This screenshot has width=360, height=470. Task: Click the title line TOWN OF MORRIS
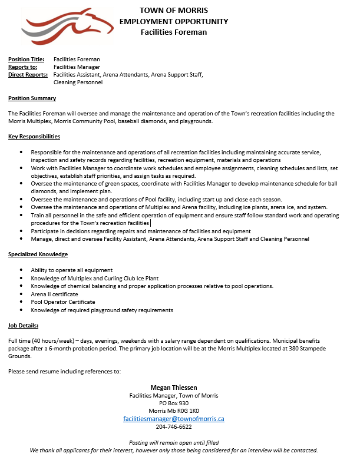(173, 10)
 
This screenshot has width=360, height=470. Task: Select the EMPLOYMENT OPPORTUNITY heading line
(173, 21)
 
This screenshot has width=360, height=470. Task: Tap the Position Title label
(26, 59)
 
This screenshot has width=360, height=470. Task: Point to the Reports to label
(23, 67)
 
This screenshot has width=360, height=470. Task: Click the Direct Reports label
(28, 75)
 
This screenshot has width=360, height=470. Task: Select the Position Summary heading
(32, 98)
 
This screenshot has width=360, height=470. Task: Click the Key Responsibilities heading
(34, 137)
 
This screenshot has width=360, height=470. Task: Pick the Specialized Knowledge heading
(38, 254)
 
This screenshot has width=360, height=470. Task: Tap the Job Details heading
(23, 325)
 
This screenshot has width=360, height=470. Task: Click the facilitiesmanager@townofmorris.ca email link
(173, 419)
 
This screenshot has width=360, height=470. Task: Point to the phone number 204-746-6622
(173, 426)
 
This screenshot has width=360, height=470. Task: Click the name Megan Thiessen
(173, 388)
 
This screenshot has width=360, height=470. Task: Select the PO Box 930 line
(173, 403)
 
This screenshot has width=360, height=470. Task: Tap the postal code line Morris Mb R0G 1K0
(173, 411)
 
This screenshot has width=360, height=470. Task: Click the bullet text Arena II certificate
(54, 294)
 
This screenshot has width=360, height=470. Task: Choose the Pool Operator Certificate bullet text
(63, 302)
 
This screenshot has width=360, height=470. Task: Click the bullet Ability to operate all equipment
(72, 270)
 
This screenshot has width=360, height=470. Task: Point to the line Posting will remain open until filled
(173, 442)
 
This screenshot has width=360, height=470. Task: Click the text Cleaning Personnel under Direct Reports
(78, 82)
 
